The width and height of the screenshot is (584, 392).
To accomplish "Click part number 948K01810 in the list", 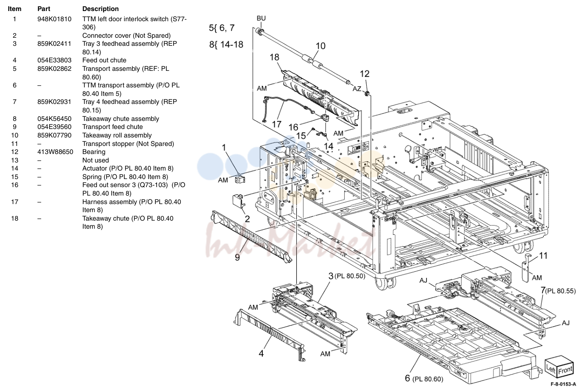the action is [54, 19].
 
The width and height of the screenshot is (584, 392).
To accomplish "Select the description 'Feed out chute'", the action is [104, 60].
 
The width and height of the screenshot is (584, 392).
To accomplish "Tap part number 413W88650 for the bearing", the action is [55, 152].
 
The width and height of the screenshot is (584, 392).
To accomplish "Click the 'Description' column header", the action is [100, 9].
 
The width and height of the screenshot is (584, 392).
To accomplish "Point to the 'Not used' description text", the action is [95, 160].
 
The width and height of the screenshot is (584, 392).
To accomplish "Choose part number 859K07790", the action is [54, 135].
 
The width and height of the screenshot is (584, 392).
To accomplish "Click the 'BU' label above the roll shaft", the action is [261, 18].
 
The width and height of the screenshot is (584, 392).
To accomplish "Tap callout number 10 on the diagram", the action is [320, 46].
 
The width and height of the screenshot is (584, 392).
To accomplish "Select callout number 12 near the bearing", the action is [365, 74].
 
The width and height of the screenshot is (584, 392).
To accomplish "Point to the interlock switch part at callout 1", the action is [240, 179].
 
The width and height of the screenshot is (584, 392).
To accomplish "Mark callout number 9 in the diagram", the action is [237, 258].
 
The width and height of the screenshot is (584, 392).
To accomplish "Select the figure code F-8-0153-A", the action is [563, 384].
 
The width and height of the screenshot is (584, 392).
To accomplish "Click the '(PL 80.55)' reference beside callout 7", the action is [561, 291].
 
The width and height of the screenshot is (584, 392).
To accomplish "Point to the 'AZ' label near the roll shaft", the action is [357, 89].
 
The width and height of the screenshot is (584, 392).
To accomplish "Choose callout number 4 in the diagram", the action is [261, 353].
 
